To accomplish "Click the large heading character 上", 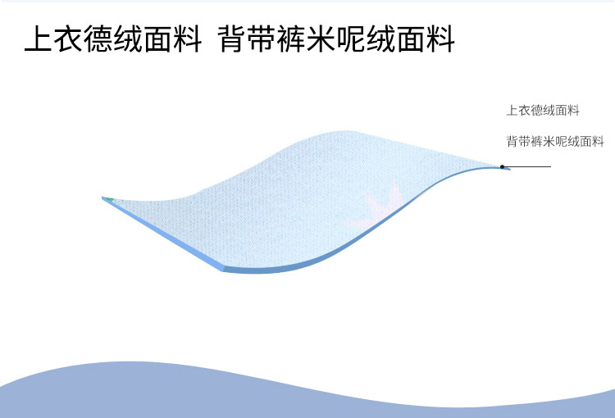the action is tap(39, 39).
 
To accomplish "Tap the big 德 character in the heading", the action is tap(99, 39).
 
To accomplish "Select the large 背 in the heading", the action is tap(232, 39).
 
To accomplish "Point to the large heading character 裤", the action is tap(291, 39).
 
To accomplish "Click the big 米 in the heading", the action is tap(321, 39).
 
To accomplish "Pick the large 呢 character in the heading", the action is tap(352, 39).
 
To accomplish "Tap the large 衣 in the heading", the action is tap(69, 39).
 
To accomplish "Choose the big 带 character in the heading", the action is tap(262, 39).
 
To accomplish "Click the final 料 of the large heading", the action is tap(440, 39).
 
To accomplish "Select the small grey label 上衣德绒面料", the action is tap(543, 110).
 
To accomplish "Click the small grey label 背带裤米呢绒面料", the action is tap(555, 141).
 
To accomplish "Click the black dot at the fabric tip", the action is tap(502, 166).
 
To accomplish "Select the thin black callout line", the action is tap(527, 166).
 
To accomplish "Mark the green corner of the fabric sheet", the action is tap(108, 199).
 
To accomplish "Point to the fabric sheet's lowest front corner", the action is tap(223, 270).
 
